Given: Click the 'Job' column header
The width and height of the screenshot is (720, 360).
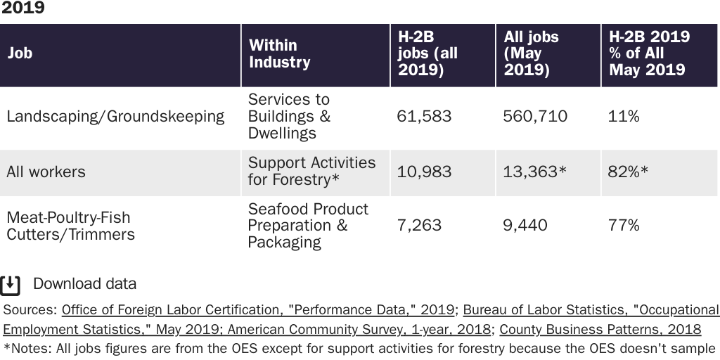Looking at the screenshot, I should coord(20,53).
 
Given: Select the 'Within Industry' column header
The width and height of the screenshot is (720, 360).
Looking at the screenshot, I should coord(279,53).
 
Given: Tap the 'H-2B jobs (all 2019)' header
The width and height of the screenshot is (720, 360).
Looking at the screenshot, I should coord(427,53).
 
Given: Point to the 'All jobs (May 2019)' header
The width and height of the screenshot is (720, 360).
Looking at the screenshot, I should coord(531,53).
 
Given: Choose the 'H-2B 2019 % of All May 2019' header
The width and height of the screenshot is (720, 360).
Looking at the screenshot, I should coord(649,53).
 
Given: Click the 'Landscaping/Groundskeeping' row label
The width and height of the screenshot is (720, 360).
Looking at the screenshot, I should coord(115,117).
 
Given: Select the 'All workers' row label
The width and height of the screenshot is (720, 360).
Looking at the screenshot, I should coord(46,172).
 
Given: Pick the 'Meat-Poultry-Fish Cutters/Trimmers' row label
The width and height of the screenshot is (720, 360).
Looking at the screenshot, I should coord(70,226).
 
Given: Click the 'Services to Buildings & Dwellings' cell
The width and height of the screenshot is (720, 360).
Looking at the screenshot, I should coord(289,117).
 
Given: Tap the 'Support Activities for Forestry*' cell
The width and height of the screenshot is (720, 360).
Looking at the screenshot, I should coord(311,172).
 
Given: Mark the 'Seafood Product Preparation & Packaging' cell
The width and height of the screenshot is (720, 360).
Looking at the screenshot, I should coord(308,226).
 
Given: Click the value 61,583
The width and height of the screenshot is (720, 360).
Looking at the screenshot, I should coord(424,117).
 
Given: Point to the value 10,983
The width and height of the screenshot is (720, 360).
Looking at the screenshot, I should coord(424,172).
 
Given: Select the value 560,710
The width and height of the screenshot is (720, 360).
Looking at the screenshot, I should coord(534,117).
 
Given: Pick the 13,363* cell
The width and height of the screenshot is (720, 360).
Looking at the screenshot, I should coord(534,172).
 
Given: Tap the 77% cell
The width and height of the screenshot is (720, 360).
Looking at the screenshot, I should coord(624,226).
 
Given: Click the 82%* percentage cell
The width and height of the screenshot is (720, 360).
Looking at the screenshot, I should coord(628,172).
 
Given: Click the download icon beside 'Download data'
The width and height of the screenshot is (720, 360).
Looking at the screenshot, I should coord(10,285).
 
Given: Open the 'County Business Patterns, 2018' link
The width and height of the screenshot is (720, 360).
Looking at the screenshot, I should coord(600,329).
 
